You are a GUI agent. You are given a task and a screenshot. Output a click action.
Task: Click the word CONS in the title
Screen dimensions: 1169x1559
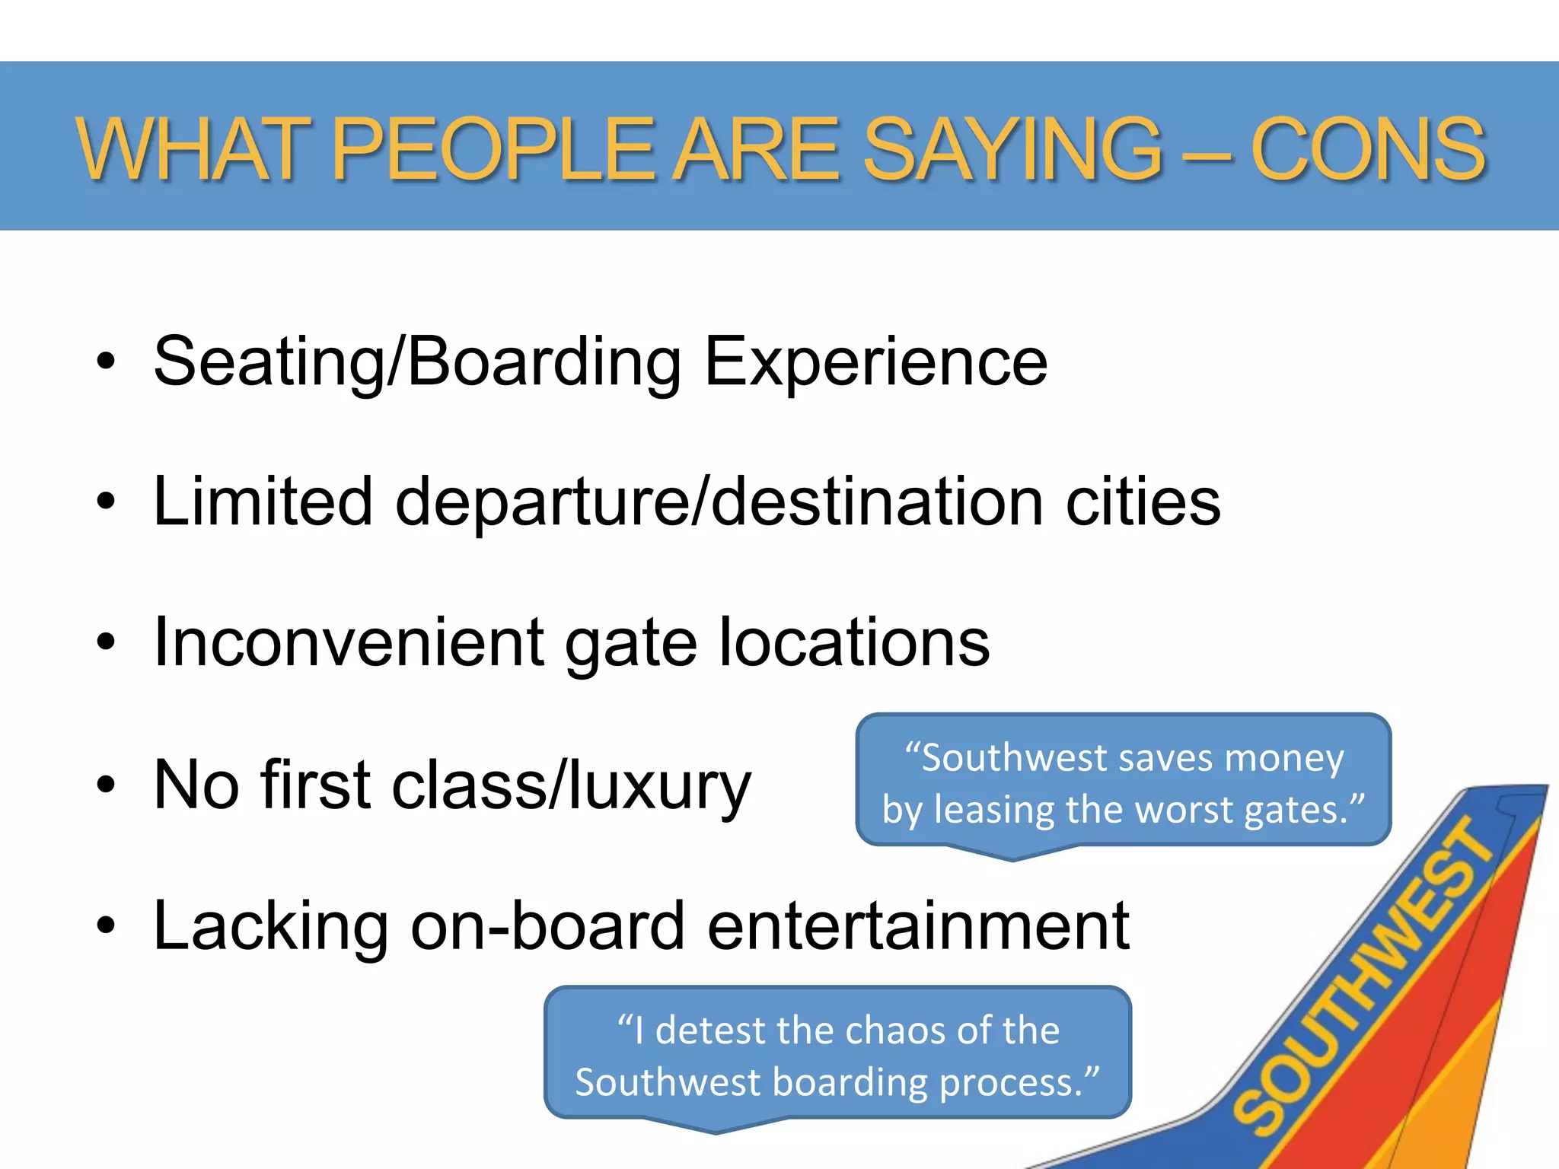1367,150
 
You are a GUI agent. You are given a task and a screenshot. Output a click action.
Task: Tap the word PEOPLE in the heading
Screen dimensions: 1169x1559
493,150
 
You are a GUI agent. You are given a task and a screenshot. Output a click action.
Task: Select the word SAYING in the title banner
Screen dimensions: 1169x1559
1012,150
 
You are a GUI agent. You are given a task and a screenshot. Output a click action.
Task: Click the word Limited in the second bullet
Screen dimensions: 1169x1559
263,502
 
